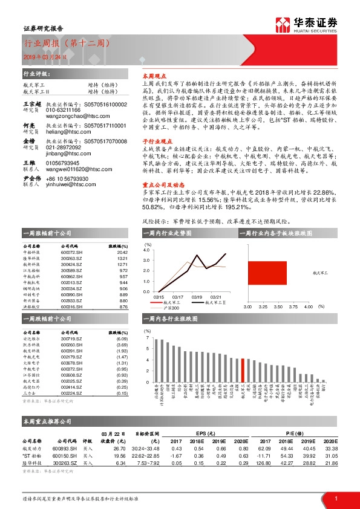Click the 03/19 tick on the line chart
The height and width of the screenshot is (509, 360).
pos(197,297)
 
